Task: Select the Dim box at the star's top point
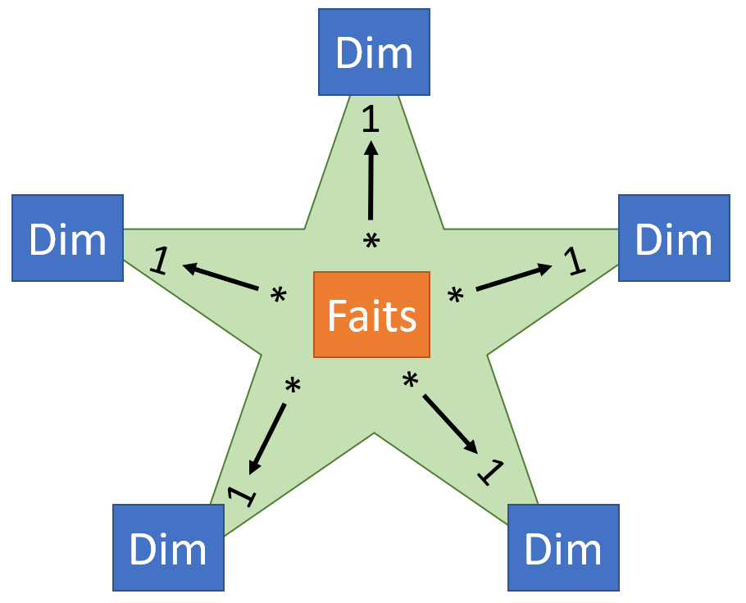pos(374,52)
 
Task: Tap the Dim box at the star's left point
pos(67,238)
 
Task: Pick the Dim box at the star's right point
pos(674,238)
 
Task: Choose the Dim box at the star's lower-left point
pos(168,548)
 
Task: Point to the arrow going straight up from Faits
pos(371,180)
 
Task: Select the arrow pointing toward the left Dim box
pos(221,277)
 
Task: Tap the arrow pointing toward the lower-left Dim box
pos(268,438)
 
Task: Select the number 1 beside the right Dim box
pos(576,261)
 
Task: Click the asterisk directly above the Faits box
pos(371,243)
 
